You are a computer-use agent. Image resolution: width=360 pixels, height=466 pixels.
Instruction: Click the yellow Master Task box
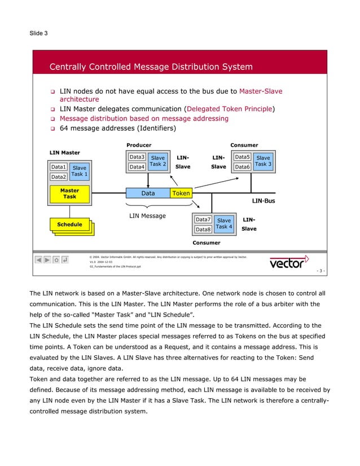coord(69,194)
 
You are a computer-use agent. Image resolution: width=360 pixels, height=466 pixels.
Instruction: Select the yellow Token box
coord(181,193)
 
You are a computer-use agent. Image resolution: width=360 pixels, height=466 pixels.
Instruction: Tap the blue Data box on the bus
coord(148,193)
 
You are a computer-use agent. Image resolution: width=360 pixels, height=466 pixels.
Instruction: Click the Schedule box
coord(69,225)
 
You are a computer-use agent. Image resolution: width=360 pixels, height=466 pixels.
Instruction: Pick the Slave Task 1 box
coord(80,172)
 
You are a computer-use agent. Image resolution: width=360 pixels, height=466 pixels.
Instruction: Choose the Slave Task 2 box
coord(157,161)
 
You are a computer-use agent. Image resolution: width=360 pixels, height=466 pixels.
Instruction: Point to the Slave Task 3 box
coord(263,161)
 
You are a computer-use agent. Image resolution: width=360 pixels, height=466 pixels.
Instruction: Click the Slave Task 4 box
coord(224,223)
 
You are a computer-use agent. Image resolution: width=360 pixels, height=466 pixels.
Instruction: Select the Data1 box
coord(59,168)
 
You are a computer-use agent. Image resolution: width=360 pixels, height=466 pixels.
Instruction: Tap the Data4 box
coord(137,167)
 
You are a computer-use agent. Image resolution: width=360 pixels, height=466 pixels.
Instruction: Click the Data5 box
coord(242,157)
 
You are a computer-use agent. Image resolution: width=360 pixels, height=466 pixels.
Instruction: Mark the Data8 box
coord(203,230)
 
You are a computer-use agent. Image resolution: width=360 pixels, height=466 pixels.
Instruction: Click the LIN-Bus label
coord(263,201)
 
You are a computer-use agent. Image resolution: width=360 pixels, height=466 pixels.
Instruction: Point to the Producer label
coord(138,145)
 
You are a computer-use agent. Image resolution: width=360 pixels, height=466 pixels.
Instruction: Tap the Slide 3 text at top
coord(38,33)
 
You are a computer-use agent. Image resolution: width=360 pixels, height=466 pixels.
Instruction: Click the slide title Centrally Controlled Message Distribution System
coord(151,68)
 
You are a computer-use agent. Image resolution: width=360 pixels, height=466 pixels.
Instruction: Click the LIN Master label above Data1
coord(65,153)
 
